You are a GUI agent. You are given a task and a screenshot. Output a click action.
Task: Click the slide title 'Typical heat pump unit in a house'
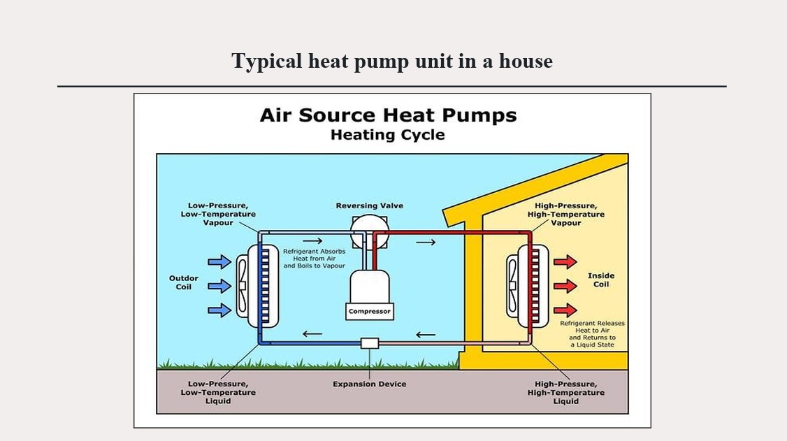click(392, 62)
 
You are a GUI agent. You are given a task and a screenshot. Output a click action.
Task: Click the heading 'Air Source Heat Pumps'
click(388, 115)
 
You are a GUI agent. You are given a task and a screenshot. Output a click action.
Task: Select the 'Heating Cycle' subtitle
click(387, 135)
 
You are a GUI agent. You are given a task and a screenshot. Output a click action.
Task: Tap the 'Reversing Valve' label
click(369, 205)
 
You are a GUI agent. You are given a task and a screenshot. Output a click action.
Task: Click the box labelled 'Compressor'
click(369, 311)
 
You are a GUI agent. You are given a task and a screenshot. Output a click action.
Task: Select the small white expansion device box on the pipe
click(369, 343)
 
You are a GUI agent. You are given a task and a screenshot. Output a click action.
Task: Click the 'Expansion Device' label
click(369, 384)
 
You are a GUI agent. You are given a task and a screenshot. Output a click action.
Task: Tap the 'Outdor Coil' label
click(184, 282)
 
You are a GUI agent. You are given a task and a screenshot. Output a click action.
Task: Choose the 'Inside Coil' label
click(601, 280)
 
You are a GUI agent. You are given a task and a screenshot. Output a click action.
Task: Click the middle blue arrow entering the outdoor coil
click(219, 285)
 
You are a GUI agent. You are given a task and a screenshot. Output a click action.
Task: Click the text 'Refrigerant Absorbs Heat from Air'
click(314, 258)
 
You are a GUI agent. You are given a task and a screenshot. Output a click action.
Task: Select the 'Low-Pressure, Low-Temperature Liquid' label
click(218, 392)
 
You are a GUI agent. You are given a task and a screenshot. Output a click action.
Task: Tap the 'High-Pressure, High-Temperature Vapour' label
click(565, 214)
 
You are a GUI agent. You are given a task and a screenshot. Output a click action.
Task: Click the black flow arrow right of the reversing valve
click(426, 243)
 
